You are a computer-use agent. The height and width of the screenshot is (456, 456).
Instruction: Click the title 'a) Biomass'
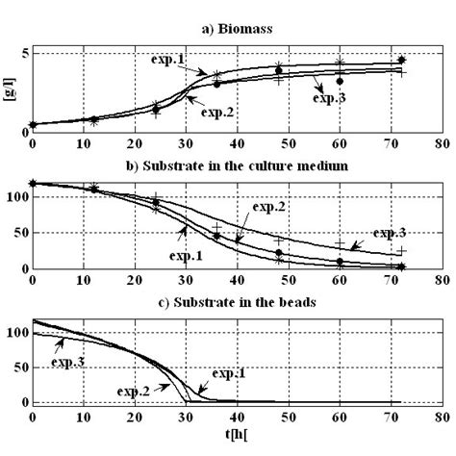point(236,30)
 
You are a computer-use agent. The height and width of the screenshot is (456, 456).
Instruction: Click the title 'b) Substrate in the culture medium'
point(236,166)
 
